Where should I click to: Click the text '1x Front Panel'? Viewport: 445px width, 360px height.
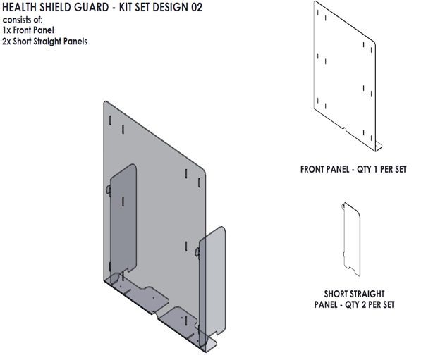tap(28, 30)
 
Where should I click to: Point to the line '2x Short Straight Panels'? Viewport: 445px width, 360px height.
tap(45, 41)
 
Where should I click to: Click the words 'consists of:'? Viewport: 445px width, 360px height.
tap(23, 20)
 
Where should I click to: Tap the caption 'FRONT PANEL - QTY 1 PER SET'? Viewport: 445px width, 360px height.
tap(353, 170)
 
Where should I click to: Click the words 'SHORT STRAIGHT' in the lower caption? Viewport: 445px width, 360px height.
tap(354, 294)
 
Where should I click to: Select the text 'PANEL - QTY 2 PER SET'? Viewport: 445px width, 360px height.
tap(354, 304)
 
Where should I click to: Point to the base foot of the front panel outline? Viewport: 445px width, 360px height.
tap(377, 145)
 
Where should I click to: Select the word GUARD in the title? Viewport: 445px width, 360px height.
tap(102, 7)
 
